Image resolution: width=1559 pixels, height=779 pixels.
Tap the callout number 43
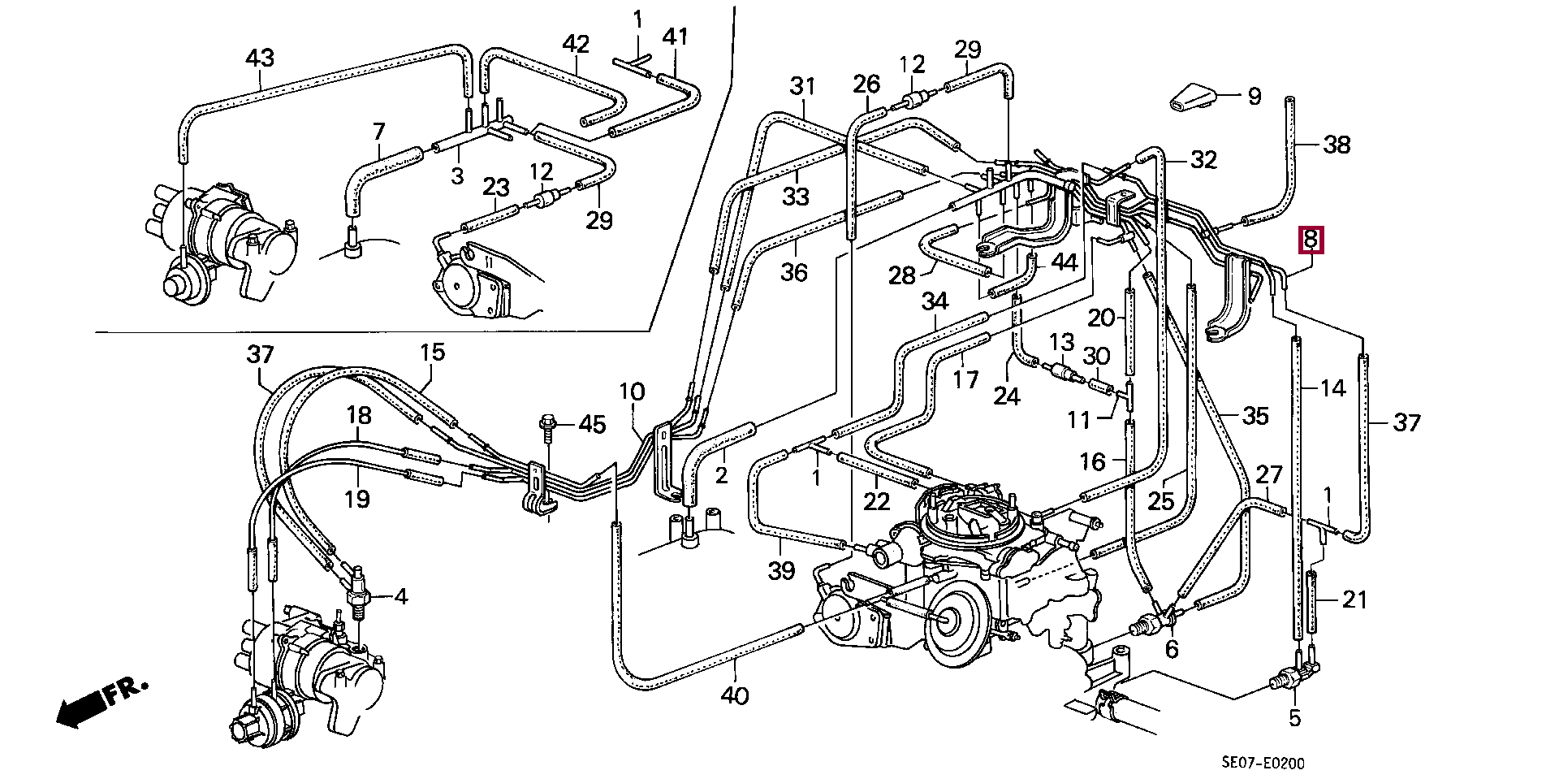(x=260, y=58)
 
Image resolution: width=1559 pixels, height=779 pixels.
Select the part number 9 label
(x=1255, y=97)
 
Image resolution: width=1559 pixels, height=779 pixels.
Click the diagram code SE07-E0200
(x=1263, y=763)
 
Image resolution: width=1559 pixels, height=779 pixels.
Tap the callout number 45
(x=592, y=424)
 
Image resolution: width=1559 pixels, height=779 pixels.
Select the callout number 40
(x=735, y=695)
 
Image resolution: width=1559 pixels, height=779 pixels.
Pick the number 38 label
(x=1337, y=145)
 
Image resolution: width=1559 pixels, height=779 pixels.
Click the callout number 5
(x=1294, y=717)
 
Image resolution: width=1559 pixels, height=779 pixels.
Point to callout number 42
(x=576, y=44)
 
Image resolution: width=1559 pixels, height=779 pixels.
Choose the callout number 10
(x=632, y=392)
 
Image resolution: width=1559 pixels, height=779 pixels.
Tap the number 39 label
(x=781, y=570)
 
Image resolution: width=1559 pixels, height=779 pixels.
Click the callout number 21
(x=1354, y=599)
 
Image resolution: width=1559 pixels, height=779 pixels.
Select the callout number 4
(x=401, y=597)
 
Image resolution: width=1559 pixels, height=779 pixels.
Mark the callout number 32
(x=1203, y=160)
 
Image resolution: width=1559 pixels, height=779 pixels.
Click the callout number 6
(x=1172, y=649)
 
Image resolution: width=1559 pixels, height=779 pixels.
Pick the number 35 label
(x=1255, y=416)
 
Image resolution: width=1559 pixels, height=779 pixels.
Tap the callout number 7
(x=378, y=131)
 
